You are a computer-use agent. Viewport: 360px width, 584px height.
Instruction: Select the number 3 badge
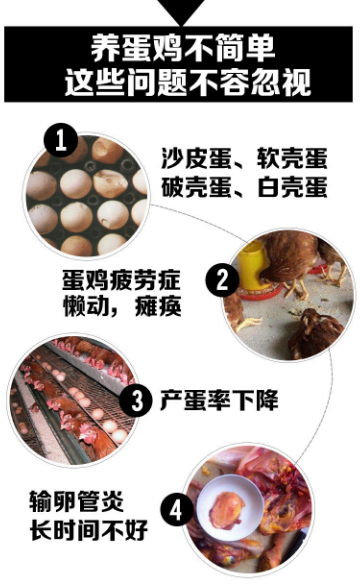pyautogui.click(x=136, y=401)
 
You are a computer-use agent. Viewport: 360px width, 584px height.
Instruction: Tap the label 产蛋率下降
pyautogui.click(x=219, y=401)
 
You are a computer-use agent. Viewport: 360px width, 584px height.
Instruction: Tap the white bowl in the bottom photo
pyautogui.click(x=233, y=510)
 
